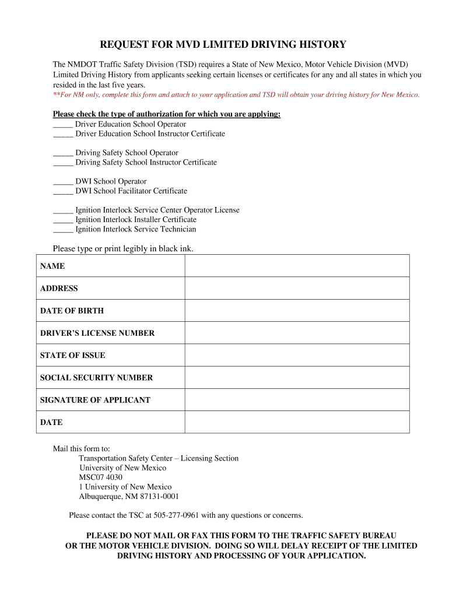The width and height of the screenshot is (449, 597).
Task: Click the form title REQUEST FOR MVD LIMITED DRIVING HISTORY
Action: pos(223,44)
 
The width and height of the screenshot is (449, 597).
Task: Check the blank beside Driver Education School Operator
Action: pos(62,124)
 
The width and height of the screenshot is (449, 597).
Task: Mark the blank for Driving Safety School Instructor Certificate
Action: pos(62,163)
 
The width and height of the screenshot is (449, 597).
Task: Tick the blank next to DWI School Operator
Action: pos(62,181)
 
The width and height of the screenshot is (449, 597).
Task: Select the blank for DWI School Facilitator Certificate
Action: pos(62,191)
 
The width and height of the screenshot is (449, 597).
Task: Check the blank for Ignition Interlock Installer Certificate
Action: pos(62,220)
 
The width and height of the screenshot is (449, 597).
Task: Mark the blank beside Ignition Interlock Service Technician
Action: pos(62,229)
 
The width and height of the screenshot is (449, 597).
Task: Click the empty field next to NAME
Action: pos(297,266)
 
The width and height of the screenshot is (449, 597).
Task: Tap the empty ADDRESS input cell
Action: pos(297,288)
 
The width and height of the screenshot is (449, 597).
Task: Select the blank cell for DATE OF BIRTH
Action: pos(297,311)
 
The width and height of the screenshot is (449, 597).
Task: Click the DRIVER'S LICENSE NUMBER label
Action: pos(97,333)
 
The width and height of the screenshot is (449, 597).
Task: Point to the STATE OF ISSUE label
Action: pos(72,356)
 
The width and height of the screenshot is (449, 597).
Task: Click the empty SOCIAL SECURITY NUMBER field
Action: pos(297,378)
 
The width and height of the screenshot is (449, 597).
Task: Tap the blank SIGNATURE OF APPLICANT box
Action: pos(297,400)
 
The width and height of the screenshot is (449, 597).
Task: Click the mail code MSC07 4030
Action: pos(101,477)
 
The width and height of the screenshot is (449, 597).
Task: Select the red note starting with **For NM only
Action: pos(236,94)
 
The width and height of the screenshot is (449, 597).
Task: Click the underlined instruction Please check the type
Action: pos(167,114)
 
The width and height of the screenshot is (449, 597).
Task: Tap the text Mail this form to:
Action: pos(82,449)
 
